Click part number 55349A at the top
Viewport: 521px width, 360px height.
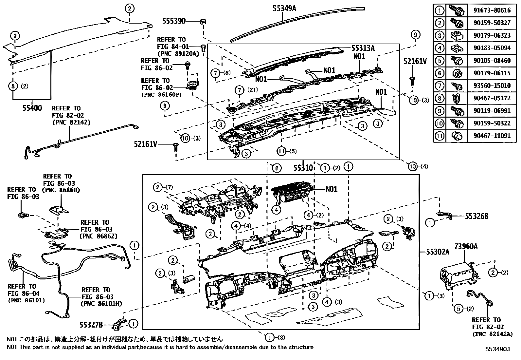tap(284, 8)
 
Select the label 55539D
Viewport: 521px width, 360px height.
tap(174, 21)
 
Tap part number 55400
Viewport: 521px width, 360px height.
tap(32, 107)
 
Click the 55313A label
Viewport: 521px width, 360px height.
tap(363, 48)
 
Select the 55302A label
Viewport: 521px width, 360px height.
tap(438, 252)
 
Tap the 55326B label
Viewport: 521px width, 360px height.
tap(476, 216)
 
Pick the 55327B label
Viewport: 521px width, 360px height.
tap(91, 324)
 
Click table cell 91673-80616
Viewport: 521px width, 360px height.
tap(492, 10)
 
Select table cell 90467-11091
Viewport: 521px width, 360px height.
tap(492, 136)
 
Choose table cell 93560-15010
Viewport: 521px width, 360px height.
tap(492, 86)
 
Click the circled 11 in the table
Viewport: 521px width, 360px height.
tap(440, 136)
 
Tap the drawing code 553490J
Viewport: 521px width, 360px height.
tap(497, 349)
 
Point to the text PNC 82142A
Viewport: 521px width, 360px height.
tap(493, 334)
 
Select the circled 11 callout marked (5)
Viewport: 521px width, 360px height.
tap(282, 151)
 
